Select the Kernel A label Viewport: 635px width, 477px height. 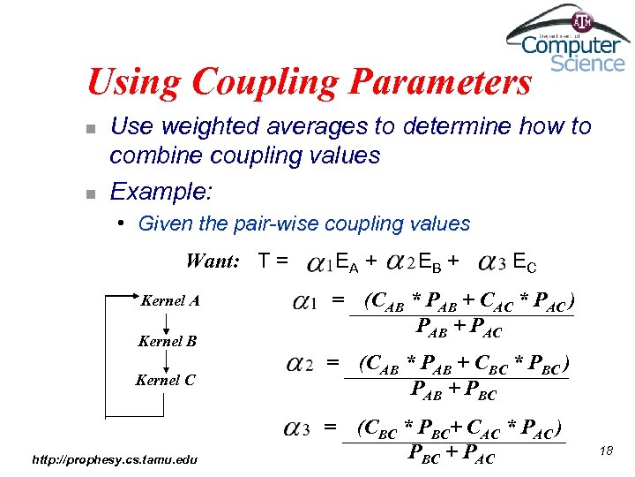tap(170, 301)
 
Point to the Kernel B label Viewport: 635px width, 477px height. tap(167, 341)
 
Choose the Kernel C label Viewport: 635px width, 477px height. tap(165, 381)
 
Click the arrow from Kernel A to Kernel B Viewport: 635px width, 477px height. tap(167, 322)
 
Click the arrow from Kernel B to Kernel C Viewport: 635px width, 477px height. tap(167, 361)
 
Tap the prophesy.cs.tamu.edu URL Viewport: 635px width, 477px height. tap(115, 458)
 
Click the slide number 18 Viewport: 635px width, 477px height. tap(605, 451)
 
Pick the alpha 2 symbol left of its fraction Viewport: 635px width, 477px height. tap(300, 364)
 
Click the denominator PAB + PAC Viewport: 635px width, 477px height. tap(459, 330)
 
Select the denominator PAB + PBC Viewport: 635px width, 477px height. tap(454, 390)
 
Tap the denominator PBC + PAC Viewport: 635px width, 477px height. tap(452, 456)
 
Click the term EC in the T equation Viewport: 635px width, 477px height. tap(524, 261)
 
